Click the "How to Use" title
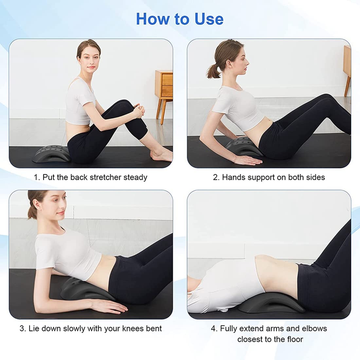(180, 19)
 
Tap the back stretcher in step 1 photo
(49, 154)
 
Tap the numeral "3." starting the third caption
(23, 329)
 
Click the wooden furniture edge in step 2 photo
(347, 65)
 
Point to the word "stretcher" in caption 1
(105, 177)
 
